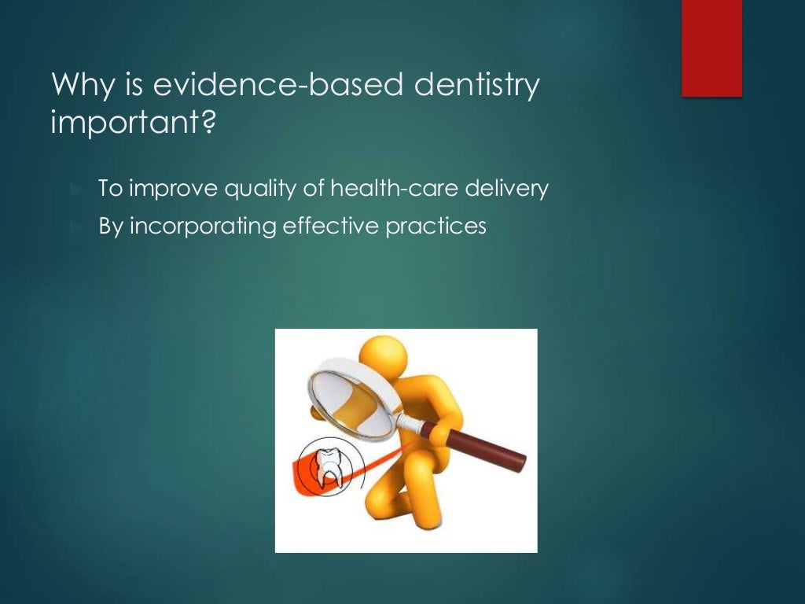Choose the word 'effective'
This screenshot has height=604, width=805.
pyautogui.click(x=331, y=226)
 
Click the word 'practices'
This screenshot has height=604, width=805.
pyautogui.click(x=436, y=226)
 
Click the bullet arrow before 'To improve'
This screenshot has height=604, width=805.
pyautogui.click(x=75, y=190)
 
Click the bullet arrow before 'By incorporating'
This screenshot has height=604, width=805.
pyautogui.click(x=75, y=227)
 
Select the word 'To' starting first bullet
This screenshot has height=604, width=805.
pyautogui.click(x=109, y=190)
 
